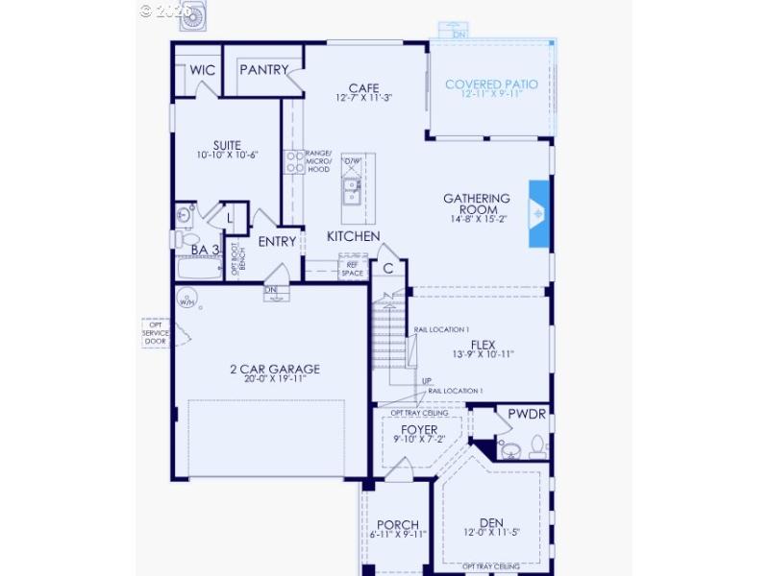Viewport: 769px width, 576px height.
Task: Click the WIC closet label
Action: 202,70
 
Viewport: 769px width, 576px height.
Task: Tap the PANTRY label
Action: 263,70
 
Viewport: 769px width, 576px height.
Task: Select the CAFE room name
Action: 363,88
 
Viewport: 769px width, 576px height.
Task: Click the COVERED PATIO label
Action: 491,84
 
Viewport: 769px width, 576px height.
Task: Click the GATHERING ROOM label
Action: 476,204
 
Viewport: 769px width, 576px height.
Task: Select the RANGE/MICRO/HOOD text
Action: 317,161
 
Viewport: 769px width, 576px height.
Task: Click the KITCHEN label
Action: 353,236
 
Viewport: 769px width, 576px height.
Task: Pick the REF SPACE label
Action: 353,268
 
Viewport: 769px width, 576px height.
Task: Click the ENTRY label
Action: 277,242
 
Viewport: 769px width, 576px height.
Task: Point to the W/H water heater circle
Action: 186,301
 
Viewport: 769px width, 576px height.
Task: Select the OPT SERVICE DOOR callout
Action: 155,332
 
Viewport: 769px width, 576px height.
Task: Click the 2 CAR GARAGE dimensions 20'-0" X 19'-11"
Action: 274,379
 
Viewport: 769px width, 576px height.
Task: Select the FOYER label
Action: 418,429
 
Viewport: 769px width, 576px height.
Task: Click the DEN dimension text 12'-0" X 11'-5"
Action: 491,532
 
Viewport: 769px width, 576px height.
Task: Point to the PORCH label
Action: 397,524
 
